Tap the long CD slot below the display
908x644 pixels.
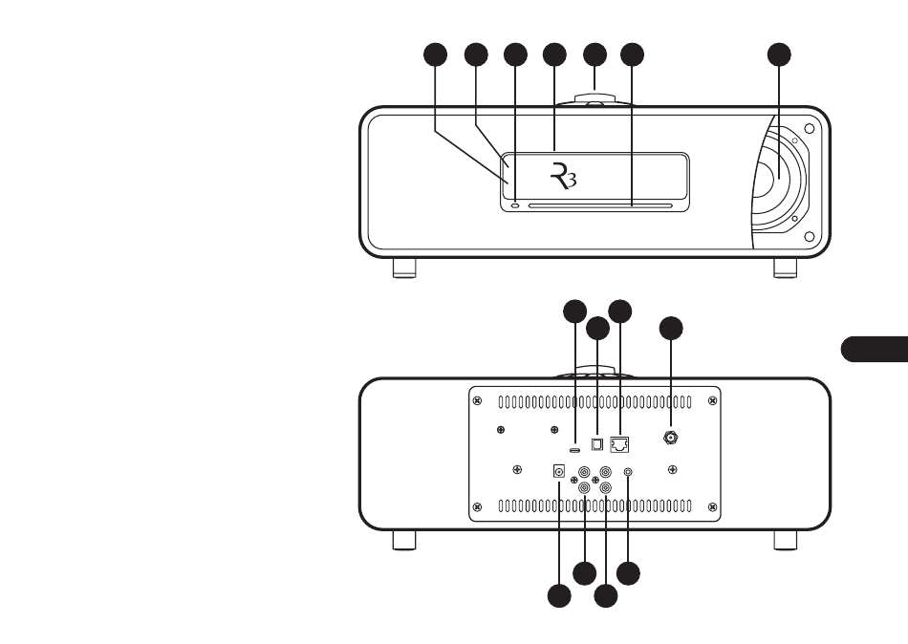point(600,205)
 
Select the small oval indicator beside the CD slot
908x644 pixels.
point(516,204)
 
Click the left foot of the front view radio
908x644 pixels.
point(404,268)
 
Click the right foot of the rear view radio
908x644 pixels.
point(786,540)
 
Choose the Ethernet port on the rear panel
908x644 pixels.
point(619,444)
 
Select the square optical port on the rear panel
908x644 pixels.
point(597,444)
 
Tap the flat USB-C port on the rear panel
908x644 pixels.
point(575,450)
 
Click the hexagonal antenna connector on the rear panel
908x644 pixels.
point(671,438)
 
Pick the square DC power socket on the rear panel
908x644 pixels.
point(559,471)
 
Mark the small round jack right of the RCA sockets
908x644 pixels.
point(628,473)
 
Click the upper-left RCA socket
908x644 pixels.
point(584,472)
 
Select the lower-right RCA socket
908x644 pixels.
point(606,487)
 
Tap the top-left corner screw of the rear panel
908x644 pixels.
point(477,400)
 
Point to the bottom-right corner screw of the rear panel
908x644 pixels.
point(712,507)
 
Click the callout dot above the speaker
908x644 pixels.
point(779,54)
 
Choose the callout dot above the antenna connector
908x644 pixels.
point(671,329)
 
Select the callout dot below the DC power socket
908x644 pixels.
point(559,596)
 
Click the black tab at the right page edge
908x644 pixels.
point(875,349)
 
